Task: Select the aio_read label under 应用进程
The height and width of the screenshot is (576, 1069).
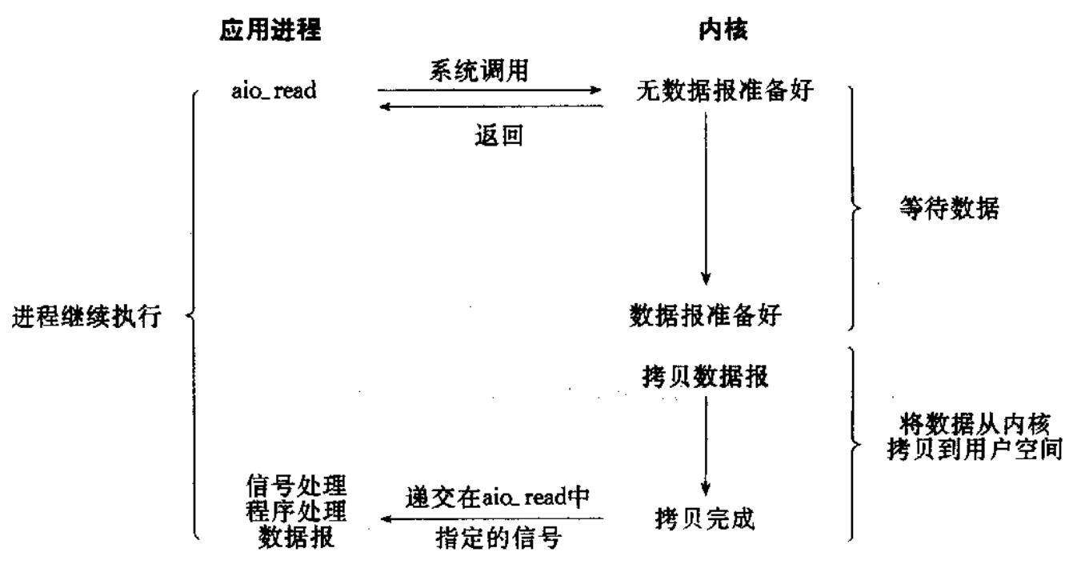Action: tap(272, 90)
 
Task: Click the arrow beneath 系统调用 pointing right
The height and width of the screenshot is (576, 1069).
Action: tap(490, 91)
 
